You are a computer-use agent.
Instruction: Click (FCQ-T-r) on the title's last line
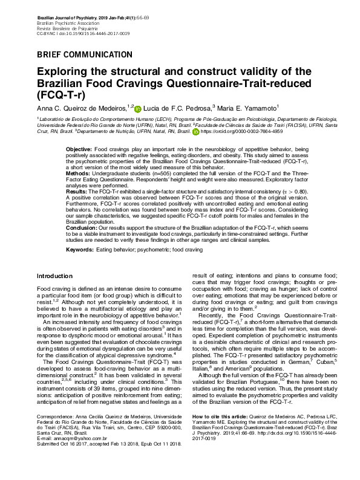coord(61,96)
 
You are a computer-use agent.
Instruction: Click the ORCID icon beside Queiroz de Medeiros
coord(137,109)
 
